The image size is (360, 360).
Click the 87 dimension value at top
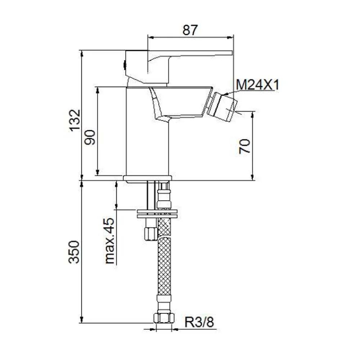pyautogui.click(x=190, y=30)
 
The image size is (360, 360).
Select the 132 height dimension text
pyautogui.click(x=75, y=120)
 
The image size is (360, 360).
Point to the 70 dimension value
pyautogui.click(x=244, y=147)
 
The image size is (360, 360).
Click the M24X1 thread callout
pyautogui.click(x=257, y=85)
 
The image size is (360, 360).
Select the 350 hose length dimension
pyautogui.click(x=74, y=252)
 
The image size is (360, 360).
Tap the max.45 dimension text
pyautogui.click(x=109, y=241)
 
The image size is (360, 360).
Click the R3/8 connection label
pyautogui.click(x=199, y=322)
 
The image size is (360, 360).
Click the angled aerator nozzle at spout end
pyautogui.click(x=222, y=107)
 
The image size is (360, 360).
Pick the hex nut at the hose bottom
pyautogui.click(x=164, y=318)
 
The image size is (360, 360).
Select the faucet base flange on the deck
pyautogui.click(x=147, y=178)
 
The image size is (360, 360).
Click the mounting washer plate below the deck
pyautogui.click(x=157, y=213)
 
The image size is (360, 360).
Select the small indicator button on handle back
pyautogui.click(x=125, y=65)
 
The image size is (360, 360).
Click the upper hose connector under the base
pyautogui.click(x=164, y=196)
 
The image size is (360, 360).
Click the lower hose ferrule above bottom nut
pyautogui.click(x=164, y=302)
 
